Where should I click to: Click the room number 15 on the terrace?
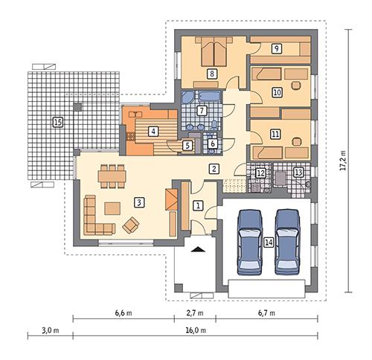click(x=57, y=121)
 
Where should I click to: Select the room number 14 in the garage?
click(x=268, y=241)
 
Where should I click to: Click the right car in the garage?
click(x=289, y=242)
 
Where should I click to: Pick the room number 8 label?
click(x=212, y=74)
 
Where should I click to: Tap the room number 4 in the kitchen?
click(x=153, y=131)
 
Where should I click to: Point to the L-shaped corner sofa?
click(x=95, y=214)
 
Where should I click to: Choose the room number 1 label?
click(x=197, y=204)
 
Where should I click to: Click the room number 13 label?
click(x=298, y=173)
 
